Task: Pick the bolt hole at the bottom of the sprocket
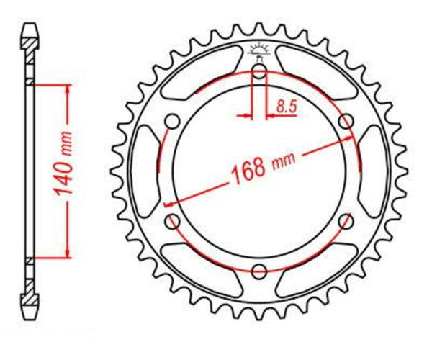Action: [259, 270]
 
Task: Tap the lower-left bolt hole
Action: [173, 221]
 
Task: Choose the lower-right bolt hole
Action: [346, 221]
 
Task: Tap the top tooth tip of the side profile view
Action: [30, 27]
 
